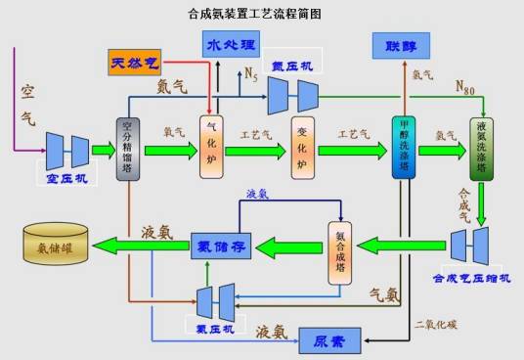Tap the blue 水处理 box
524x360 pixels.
[233, 44]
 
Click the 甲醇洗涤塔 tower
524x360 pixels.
[404, 148]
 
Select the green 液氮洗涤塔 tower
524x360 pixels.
[483, 148]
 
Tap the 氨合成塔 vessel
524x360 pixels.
[338, 251]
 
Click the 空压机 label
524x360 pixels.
[67, 179]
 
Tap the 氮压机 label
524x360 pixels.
[290, 65]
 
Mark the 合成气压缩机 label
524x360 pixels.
[471, 278]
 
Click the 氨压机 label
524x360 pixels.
[215, 329]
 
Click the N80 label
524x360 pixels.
[469, 85]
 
